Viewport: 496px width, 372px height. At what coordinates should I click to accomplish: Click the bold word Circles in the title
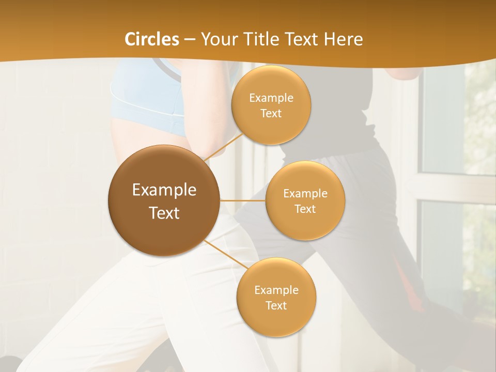pos(152,39)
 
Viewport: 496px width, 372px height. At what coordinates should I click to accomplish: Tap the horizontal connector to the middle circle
pos(243,200)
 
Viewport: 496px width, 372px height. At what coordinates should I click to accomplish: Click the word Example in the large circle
pos(164,190)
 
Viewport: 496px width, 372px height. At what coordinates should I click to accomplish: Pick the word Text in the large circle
pos(164,213)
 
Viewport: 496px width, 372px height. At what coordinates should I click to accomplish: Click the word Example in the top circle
pos(271,98)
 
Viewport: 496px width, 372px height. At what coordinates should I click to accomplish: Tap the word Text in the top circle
pos(271,114)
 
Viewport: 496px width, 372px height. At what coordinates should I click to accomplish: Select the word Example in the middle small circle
pos(305,194)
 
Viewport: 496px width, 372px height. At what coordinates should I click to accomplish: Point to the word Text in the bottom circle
pos(276,306)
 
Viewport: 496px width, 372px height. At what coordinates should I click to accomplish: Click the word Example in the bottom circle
pos(276,290)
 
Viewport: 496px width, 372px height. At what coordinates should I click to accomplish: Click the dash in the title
pos(190,39)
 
